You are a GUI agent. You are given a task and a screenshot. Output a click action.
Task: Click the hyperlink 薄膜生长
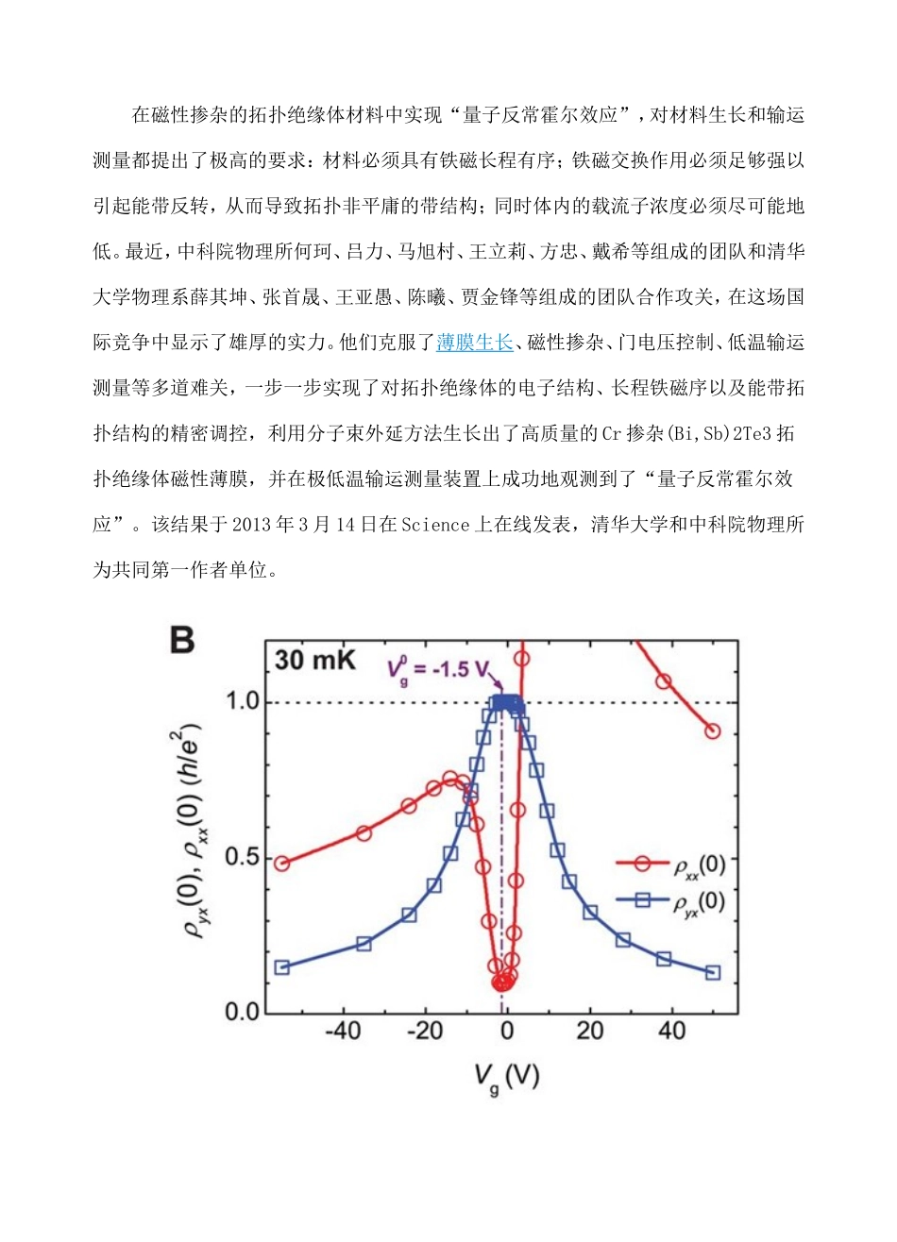click(x=475, y=343)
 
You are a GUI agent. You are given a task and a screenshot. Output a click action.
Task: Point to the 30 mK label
click(x=314, y=660)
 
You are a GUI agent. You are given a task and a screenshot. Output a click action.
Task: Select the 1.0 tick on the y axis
click(x=243, y=703)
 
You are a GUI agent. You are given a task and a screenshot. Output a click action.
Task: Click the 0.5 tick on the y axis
click(x=243, y=858)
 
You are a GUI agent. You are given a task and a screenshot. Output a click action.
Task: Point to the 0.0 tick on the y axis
click(x=243, y=1013)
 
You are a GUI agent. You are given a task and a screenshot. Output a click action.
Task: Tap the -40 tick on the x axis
click(x=343, y=1031)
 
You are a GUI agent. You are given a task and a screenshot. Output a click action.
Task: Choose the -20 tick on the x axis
click(x=425, y=1031)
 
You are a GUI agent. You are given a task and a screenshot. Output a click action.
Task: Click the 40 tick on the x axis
click(x=672, y=1031)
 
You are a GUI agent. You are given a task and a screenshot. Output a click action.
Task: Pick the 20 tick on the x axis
click(x=590, y=1031)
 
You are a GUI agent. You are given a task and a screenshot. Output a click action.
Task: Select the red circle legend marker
click(x=643, y=864)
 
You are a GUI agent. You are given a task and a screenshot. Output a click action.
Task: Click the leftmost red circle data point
click(x=281, y=864)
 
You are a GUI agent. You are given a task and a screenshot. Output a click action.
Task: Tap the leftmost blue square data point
click(x=281, y=967)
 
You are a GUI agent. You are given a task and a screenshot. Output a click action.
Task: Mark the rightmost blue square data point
click(x=713, y=972)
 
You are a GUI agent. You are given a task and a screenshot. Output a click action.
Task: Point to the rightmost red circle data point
click(x=713, y=730)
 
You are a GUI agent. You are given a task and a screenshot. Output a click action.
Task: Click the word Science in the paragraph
click(x=435, y=525)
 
